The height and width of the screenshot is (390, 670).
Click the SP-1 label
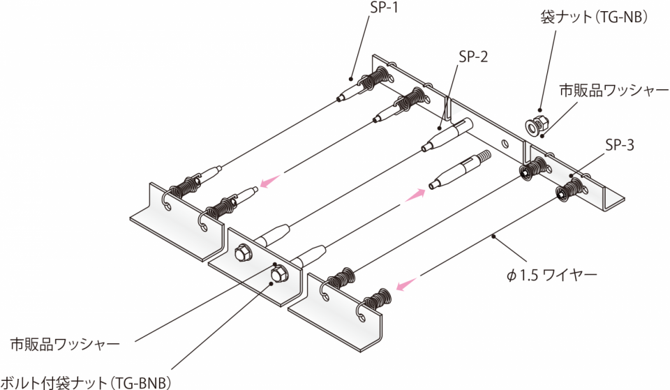(383, 7)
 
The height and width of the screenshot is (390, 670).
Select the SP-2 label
(473, 57)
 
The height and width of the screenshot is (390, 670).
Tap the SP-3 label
(620, 145)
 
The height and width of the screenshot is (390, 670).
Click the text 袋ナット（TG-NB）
(594, 17)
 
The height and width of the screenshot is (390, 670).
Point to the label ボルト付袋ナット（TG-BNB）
(85, 382)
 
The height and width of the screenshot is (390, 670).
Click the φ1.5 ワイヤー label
(551, 275)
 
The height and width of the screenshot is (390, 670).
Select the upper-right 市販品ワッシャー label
(614, 90)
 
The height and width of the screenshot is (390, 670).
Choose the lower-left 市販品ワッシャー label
(65, 344)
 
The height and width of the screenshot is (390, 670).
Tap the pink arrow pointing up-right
(415, 195)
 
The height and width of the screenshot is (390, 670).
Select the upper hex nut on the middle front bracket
(243, 253)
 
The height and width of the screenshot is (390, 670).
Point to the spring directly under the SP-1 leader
(375, 78)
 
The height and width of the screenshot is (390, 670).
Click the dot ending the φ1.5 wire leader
(493, 235)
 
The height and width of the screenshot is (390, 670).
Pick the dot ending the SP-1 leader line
(351, 79)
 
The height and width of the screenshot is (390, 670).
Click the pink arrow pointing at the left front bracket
(271, 181)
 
